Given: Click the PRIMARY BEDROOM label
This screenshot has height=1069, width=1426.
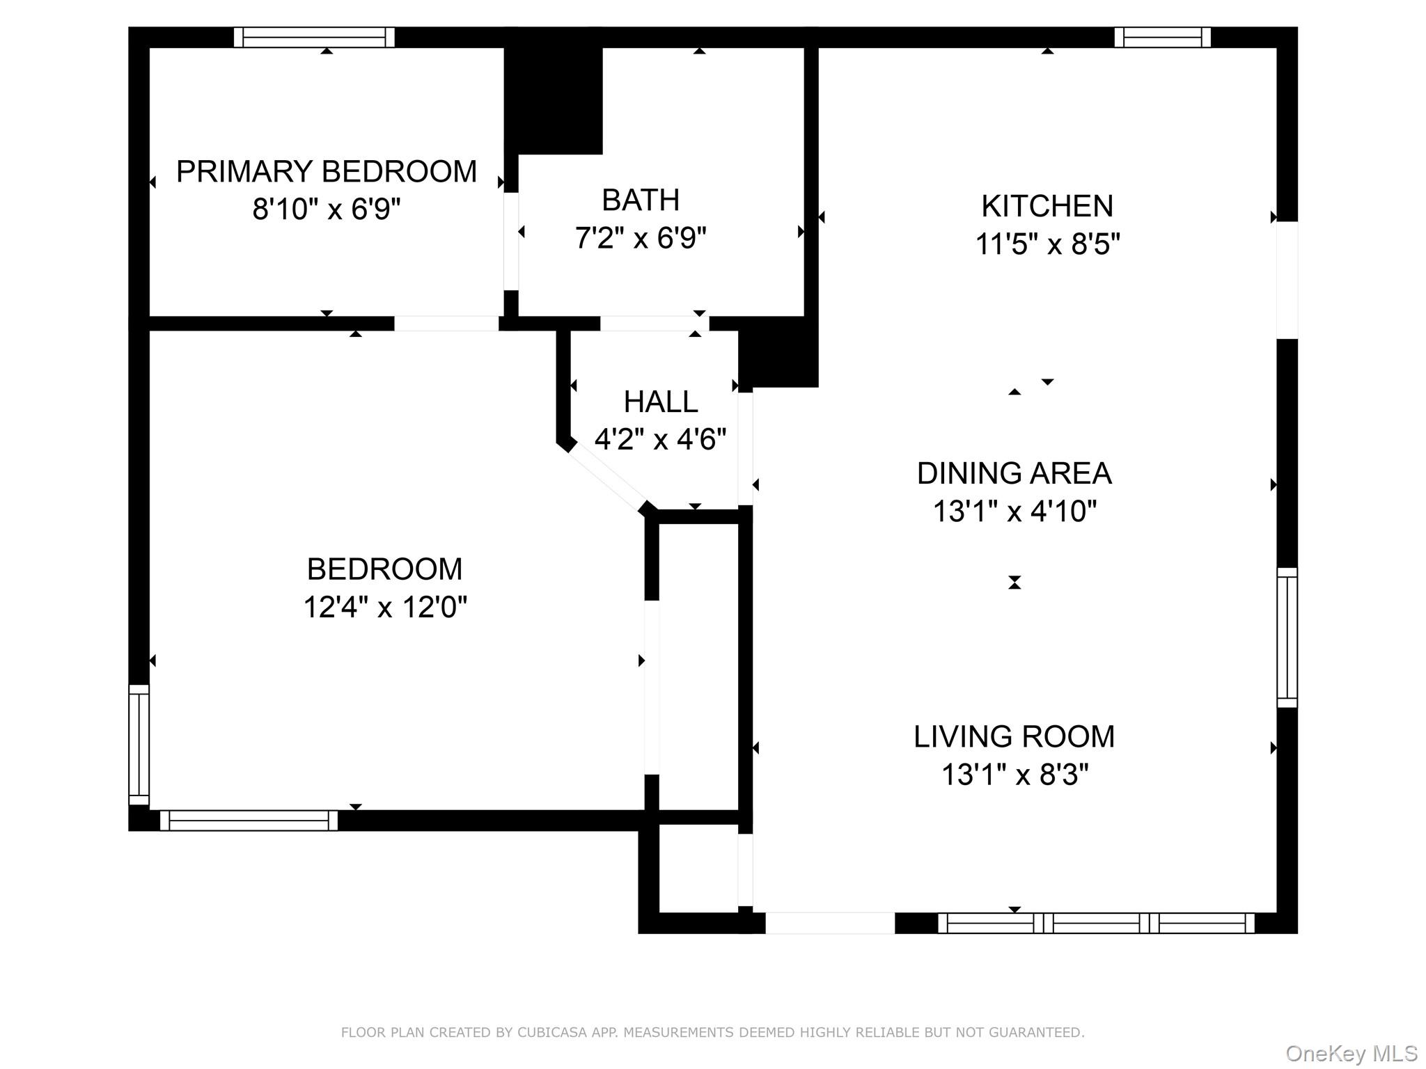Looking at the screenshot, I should click(326, 171).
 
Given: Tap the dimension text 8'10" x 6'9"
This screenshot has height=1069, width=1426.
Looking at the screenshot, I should click(326, 209).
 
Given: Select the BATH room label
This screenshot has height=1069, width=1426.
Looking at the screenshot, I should click(640, 200).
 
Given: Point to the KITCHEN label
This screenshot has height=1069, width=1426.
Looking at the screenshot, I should click(1047, 206).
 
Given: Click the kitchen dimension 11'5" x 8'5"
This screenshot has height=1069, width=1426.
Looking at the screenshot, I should click(1047, 244).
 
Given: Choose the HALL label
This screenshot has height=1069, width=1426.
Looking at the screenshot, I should click(660, 402).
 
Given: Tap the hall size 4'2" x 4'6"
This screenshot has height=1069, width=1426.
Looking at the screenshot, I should click(660, 439).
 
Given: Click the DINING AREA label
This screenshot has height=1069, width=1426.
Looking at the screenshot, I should click(1014, 474).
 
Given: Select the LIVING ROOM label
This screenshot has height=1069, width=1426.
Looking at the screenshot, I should click(1014, 737).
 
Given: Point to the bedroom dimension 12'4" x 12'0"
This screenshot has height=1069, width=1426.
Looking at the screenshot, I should click(384, 607).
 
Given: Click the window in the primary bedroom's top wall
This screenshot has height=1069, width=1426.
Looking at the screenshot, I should click(314, 37).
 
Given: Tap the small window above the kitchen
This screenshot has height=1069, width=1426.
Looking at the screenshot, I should click(1162, 37).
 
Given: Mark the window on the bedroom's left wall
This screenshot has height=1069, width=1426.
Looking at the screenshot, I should click(139, 744).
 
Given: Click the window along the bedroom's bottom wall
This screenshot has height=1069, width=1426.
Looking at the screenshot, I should click(249, 821).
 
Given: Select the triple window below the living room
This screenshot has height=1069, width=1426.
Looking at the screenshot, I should click(1096, 923).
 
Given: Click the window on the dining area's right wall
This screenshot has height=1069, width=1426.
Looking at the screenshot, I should click(1287, 638).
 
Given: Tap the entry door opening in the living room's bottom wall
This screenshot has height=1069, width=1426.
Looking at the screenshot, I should click(829, 923).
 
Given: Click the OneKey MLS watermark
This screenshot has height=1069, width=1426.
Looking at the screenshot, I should click(1351, 1054).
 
